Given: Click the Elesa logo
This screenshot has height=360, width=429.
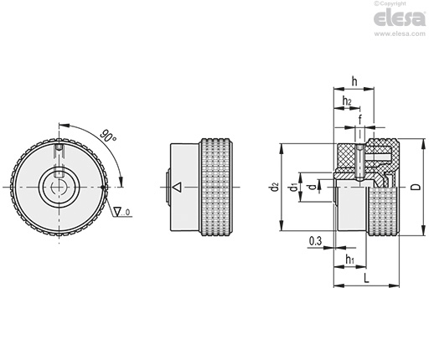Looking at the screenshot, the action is tap(400, 18).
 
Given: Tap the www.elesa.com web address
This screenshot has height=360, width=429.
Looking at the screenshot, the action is tap(400, 33).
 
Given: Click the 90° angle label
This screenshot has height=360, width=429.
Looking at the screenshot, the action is tap(108, 136).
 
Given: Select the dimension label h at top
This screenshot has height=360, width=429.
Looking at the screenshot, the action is tap(354, 82).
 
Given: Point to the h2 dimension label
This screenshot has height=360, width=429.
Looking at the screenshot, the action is tap(347, 100).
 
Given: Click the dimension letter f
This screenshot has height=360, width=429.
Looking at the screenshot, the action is tap(360, 120).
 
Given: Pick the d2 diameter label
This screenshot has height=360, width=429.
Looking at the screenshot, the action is tap(275, 187).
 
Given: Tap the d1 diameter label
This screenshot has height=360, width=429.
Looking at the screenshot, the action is tap(293, 188).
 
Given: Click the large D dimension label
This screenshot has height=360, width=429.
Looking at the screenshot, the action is tap(416, 187).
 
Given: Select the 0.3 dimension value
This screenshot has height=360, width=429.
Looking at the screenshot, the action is tap(316, 241).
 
